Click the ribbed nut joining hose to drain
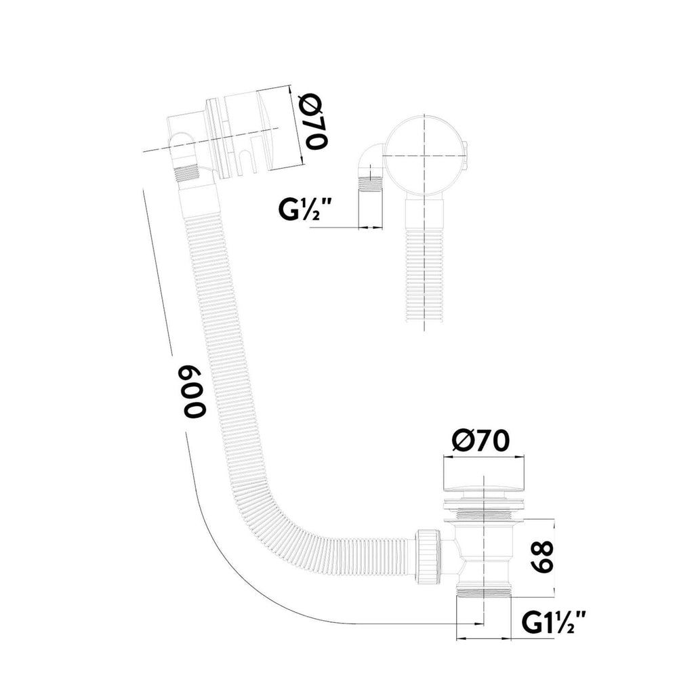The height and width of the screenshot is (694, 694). coord(428,553)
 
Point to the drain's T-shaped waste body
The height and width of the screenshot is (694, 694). coord(483,553)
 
